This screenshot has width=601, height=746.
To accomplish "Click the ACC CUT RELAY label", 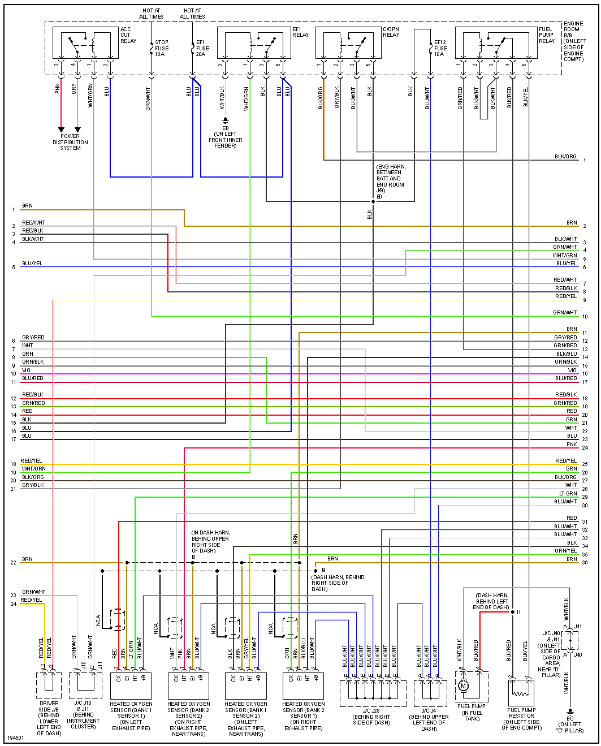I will tap(128, 35).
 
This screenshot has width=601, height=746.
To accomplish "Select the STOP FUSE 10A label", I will tap(162, 48).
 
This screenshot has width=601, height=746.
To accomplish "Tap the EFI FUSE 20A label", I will tap(202, 48).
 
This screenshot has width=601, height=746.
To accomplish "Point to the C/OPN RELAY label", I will tap(391, 32).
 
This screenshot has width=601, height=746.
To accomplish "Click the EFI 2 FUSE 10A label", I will tap(440, 48).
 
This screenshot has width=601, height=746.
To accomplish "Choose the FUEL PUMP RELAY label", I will tap(546, 35).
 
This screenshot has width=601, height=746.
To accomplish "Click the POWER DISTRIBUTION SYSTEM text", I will tap(70, 142).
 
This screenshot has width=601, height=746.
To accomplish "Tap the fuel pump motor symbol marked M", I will tap(464, 686).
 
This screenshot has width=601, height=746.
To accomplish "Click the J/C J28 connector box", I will tap(373, 693).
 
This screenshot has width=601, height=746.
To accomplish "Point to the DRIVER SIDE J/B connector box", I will tap(49, 685).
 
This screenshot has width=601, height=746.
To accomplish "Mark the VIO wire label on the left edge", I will tap(26, 370).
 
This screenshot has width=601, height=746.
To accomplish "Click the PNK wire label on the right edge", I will tap(572, 445).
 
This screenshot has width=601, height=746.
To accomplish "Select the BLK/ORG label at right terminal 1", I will tap(565, 157).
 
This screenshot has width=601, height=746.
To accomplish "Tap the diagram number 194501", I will tap(16, 739).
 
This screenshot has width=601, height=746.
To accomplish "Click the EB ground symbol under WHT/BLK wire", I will tap(225, 120).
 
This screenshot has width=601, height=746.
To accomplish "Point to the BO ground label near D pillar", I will tap(570, 719).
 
